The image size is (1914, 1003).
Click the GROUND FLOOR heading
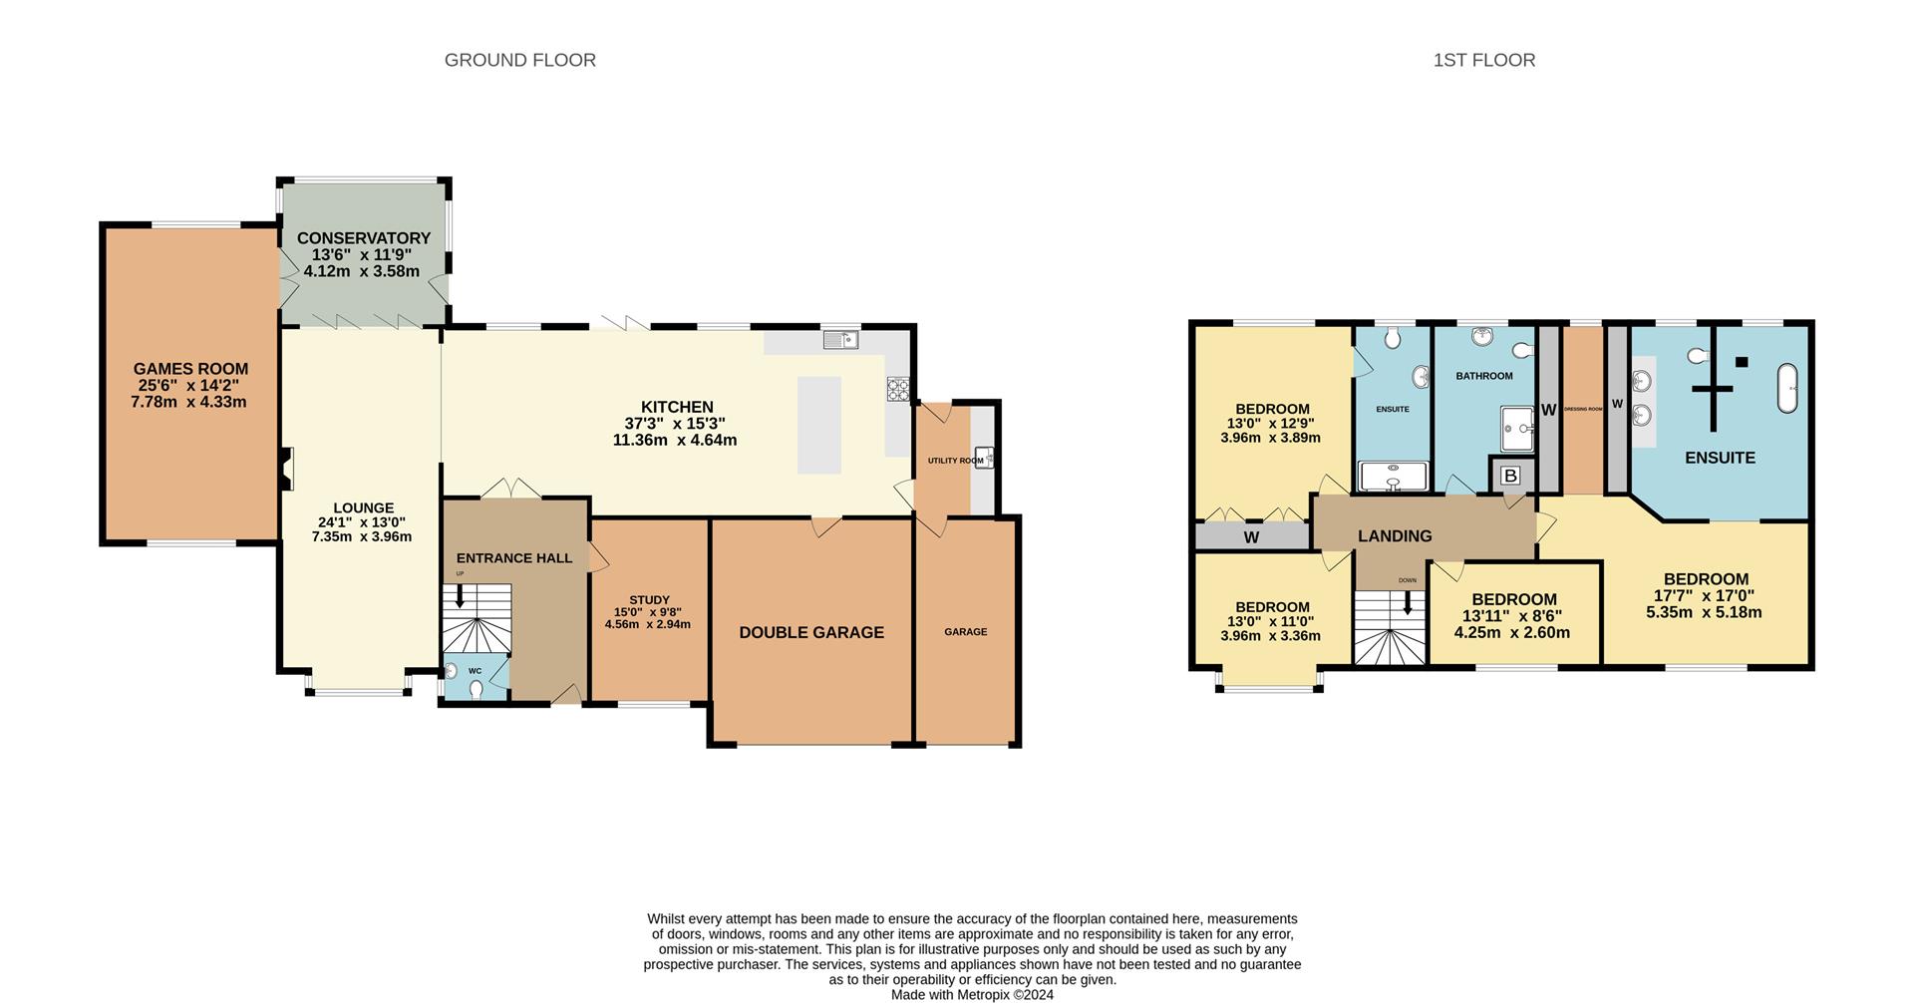point(519,60)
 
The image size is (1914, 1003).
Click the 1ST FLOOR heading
point(1483,60)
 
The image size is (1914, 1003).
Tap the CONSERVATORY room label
point(363,238)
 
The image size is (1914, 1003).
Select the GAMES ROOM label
point(190,369)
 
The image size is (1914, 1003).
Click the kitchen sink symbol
point(840,340)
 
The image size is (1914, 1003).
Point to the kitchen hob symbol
point(898,389)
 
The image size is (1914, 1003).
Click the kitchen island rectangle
point(818,425)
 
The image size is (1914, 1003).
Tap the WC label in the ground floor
point(475,671)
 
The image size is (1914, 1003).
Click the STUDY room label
point(649,600)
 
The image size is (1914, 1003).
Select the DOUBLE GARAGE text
point(811,632)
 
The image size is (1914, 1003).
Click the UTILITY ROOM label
point(955,461)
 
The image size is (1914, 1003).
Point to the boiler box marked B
point(1510,476)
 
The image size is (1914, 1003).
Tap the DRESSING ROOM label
point(1583,409)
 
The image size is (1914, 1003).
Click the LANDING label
point(1395,535)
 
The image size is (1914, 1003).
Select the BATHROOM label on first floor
point(1483,376)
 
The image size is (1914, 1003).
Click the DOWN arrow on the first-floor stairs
point(1408,602)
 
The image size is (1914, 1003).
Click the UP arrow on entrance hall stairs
point(460,596)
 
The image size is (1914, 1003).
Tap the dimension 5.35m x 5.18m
point(1704,612)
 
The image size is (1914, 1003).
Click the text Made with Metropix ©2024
point(972,994)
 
